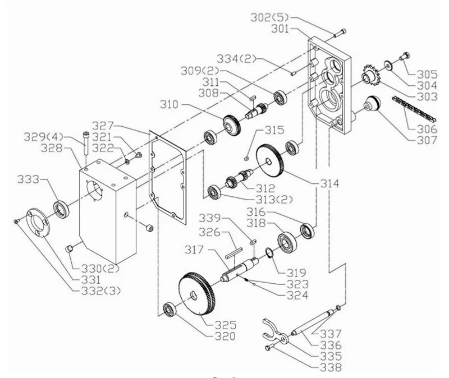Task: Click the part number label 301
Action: tap(280, 29)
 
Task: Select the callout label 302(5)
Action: tap(269, 18)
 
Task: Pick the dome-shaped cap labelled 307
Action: tap(372, 104)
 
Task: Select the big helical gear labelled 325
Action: tap(197, 294)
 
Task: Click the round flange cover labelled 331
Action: tap(38, 222)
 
